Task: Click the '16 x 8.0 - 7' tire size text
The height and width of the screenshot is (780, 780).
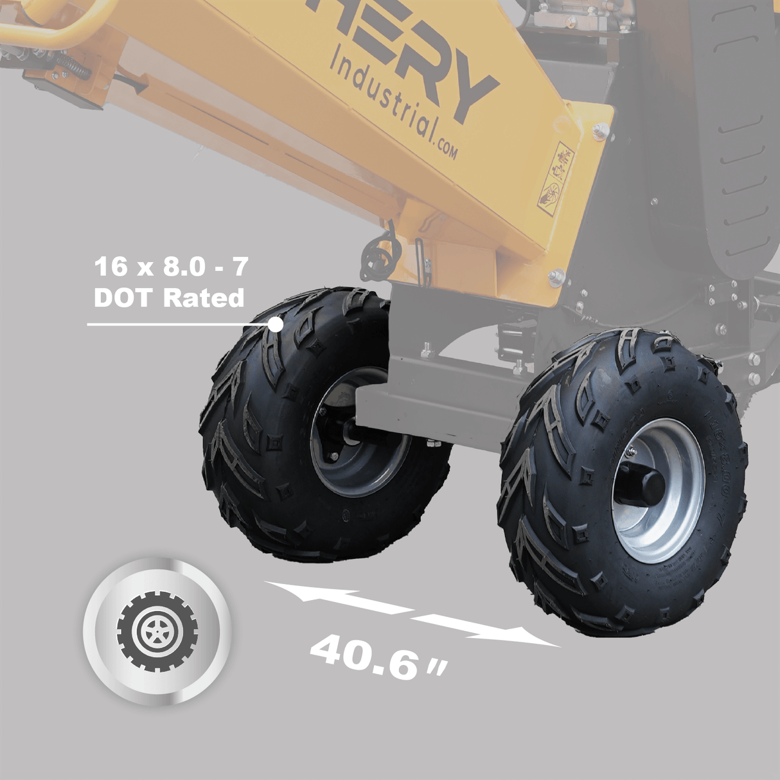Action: click(170, 267)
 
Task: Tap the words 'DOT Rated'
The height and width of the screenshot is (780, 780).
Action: click(169, 298)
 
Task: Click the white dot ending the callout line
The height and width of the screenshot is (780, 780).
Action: click(275, 324)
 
